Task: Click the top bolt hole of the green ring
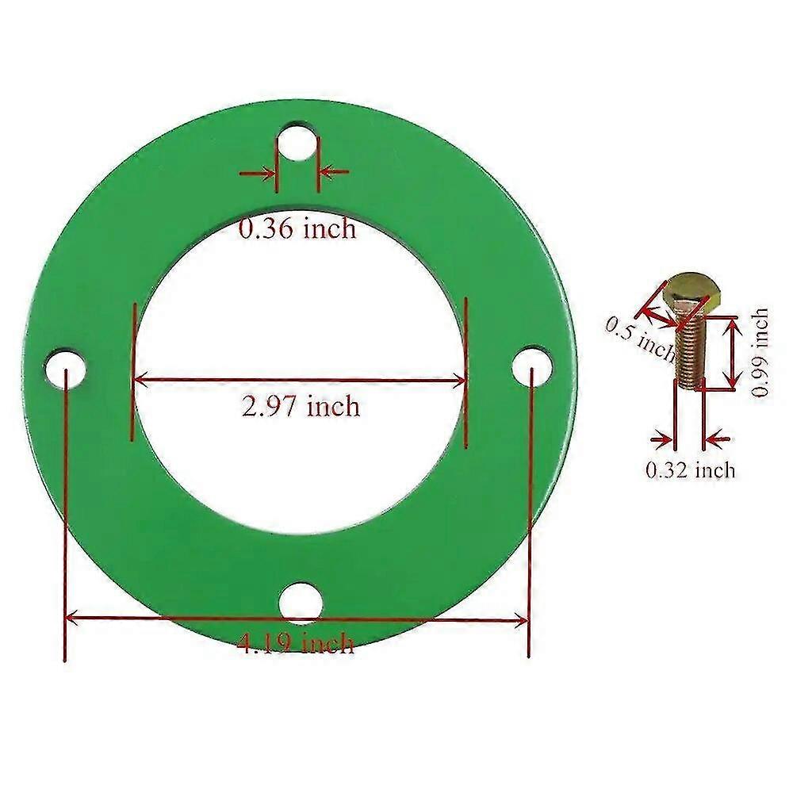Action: tap(298, 138)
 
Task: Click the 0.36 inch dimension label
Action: tap(298, 229)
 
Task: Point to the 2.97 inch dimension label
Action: tap(301, 407)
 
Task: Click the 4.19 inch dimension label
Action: tap(296, 641)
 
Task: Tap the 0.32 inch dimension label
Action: tap(690, 470)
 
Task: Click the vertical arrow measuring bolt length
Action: tap(731, 352)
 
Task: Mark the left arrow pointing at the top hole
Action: tap(257, 172)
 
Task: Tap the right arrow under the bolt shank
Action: tap(718, 438)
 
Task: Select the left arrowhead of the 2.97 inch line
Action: tap(140, 379)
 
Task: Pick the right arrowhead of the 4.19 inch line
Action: tap(523, 618)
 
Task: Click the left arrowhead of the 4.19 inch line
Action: tap(71, 616)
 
